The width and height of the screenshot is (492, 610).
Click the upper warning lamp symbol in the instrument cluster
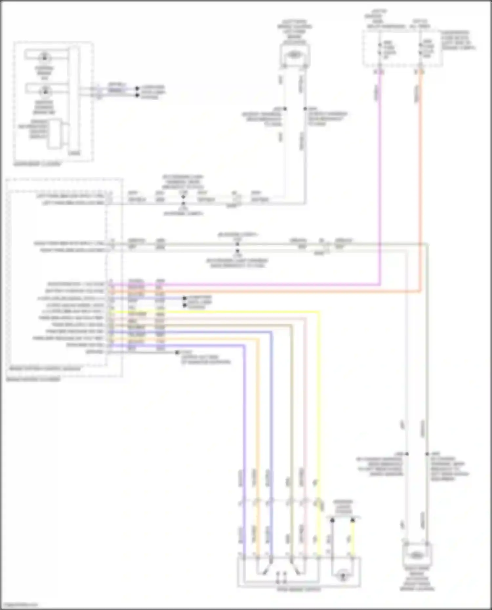tap(44, 57)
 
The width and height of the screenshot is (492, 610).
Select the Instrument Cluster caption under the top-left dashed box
tap(37, 164)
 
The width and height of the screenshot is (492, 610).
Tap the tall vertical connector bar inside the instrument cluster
tap(75, 100)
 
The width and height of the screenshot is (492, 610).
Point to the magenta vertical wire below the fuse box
tap(380, 180)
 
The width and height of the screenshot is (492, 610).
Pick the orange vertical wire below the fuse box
tap(420, 180)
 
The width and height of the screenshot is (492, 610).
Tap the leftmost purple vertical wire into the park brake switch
tap(245, 426)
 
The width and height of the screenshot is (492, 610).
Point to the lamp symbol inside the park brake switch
tap(343, 576)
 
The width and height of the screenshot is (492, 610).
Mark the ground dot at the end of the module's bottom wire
tap(177, 352)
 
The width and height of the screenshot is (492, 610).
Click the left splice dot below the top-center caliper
tap(285, 108)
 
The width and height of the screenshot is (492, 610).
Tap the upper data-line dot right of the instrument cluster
tap(137, 88)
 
